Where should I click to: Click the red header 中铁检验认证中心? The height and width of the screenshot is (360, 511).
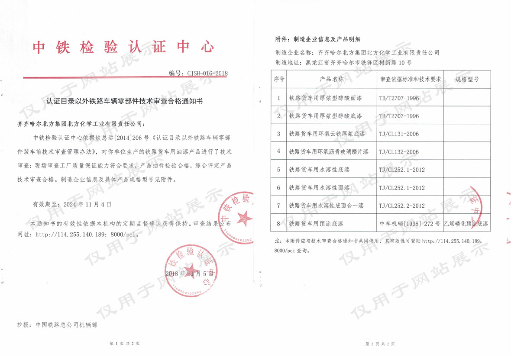[x=123, y=47]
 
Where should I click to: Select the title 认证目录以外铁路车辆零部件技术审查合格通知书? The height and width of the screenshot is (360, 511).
[x=124, y=101]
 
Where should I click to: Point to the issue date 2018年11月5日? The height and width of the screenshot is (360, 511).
[x=189, y=274]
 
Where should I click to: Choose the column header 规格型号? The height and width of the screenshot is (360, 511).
[x=467, y=80]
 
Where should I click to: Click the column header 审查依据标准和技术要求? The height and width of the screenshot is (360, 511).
[x=410, y=80]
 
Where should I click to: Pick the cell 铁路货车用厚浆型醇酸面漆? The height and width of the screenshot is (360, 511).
[x=326, y=98]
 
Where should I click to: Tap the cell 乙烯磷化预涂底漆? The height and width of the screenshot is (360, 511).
[x=466, y=224]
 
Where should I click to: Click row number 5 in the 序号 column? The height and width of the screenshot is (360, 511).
[x=278, y=170]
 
